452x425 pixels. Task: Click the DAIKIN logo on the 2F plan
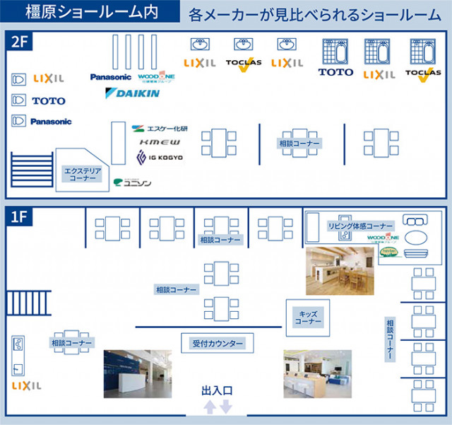pos(132,93)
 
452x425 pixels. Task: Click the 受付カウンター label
pos(218,344)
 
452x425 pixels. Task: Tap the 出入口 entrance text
pos(217,390)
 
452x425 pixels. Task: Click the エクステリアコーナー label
pos(83,175)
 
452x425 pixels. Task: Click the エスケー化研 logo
pos(160,129)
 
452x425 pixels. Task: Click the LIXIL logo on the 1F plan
pos(27,386)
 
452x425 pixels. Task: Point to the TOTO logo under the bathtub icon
pos(335,72)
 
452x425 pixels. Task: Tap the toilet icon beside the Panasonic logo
pos(19,122)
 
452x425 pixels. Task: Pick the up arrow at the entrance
pos(210,407)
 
